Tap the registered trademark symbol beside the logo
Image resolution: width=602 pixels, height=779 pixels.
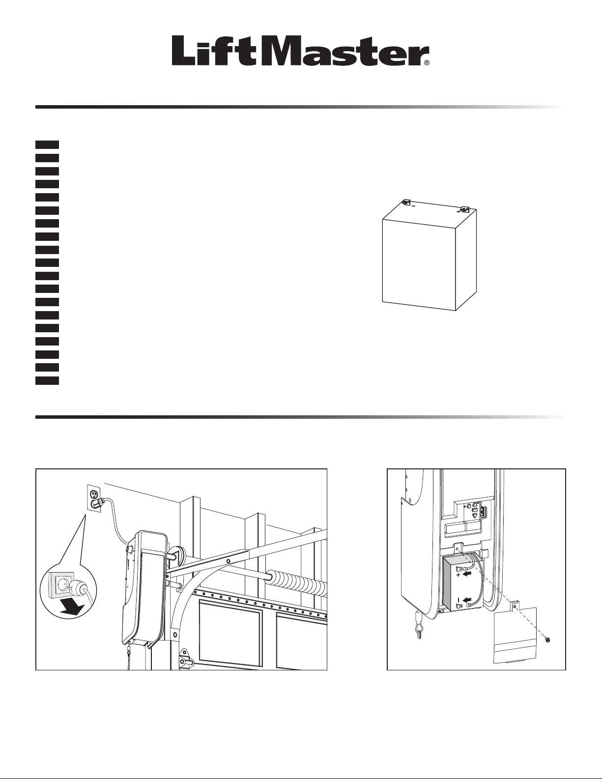pyautogui.click(x=427, y=63)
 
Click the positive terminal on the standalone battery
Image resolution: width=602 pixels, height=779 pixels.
pyautogui.click(x=464, y=209)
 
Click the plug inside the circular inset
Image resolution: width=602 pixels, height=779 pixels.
pyautogui.click(x=79, y=588)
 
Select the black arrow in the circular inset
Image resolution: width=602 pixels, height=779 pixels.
pyautogui.click(x=73, y=607)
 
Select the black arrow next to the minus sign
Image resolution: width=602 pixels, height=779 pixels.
pyautogui.click(x=468, y=600)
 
